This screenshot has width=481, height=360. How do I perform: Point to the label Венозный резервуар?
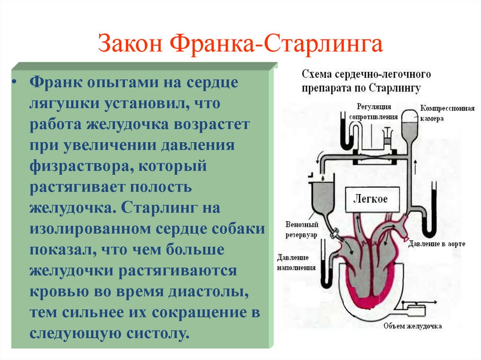302,229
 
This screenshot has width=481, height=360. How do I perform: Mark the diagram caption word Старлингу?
394,87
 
